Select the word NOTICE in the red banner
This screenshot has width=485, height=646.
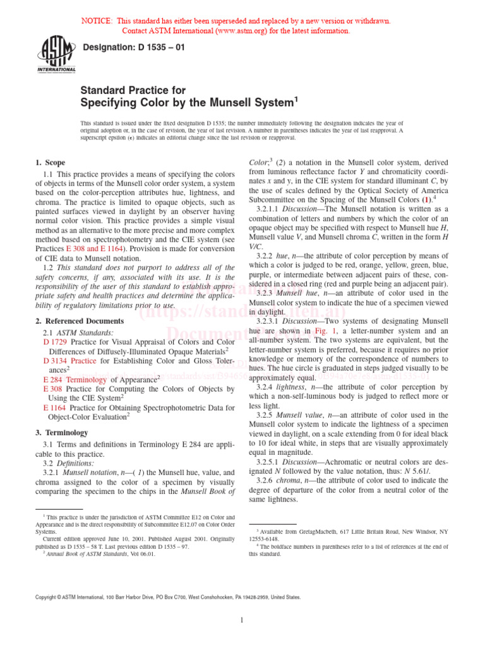[x=98, y=21]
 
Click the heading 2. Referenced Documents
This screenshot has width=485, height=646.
[x=80, y=321]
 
